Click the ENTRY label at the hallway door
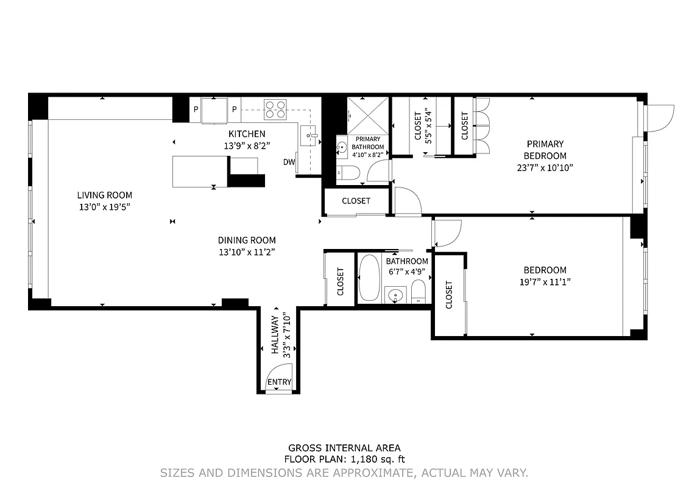point(280,382)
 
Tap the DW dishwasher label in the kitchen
point(288,162)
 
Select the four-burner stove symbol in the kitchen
point(275,109)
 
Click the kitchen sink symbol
point(309,135)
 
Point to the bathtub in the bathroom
point(370,278)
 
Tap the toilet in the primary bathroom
point(348,173)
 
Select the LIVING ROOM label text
point(104,195)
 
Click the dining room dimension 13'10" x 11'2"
point(247,252)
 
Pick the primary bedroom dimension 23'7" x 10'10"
point(545,167)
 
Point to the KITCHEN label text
point(247,134)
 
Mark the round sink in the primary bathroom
point(342,147)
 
